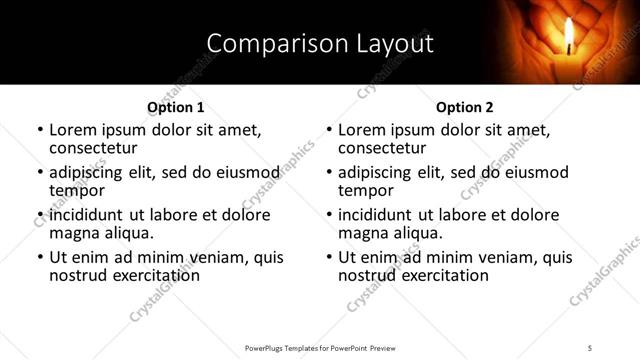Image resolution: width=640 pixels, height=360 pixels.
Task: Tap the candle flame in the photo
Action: (570, 34)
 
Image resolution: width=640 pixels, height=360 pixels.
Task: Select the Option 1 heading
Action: (176, 107)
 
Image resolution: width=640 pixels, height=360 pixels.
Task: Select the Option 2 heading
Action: (465, 107)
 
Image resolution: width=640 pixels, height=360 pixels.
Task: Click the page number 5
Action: (590, 347)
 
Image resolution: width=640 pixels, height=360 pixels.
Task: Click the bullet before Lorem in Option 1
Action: (39, 131)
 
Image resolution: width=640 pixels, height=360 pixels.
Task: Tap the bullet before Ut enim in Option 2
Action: (328, 257)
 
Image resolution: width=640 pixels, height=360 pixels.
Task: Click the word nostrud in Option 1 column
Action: (77, 275)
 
